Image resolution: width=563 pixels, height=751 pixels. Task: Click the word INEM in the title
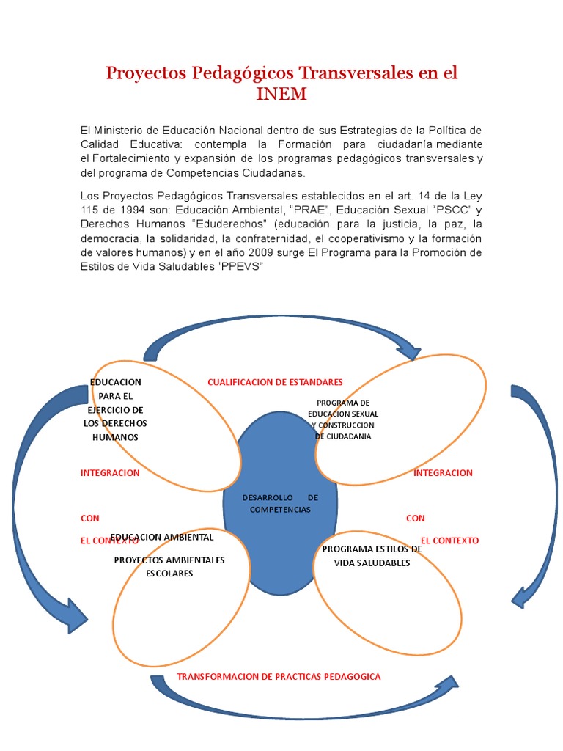tap(281, 95)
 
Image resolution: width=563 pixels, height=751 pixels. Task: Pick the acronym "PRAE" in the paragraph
tap(309, 210)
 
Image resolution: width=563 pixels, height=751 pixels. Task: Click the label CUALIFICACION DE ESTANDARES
tap(275, 382)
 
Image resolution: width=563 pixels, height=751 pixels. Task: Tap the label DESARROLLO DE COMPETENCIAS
tap(280, 504)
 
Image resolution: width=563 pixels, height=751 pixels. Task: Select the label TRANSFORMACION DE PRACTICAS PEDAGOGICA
tap(279, 676)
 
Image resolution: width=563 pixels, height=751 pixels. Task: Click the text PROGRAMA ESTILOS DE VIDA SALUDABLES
tap(372, 556)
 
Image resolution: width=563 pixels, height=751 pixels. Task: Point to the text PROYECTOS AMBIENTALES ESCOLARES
tap(169, 566)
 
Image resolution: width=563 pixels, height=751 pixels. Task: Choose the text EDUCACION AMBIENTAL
tap(162, 537)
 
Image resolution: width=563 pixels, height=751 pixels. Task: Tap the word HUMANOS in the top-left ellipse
tap(115, 437)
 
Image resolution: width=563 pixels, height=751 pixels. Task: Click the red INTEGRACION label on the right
tap(443, 473)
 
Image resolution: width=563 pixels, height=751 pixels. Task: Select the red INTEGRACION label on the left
tap(110, 473)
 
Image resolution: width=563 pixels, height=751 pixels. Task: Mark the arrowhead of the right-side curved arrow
tap(523, 595)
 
